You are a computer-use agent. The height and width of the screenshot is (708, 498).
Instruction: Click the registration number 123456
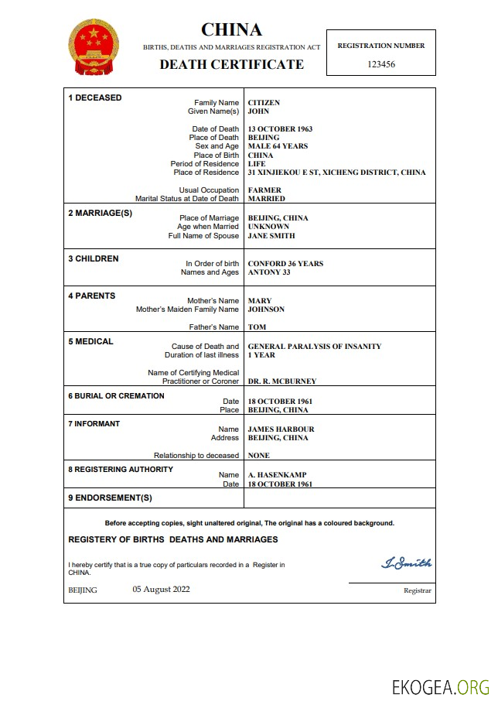coord(380,65)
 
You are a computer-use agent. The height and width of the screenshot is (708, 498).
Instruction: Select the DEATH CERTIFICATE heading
coord(231,65)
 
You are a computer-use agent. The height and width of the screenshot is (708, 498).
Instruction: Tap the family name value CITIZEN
coord(264,103)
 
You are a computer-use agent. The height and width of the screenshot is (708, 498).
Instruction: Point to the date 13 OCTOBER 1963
coord(280,129)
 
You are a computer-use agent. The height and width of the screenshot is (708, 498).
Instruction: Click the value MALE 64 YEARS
coord(278,146)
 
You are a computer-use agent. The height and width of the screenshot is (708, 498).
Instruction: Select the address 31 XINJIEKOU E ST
coord(336,173)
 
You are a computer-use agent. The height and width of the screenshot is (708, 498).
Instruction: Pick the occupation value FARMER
coord(264,190)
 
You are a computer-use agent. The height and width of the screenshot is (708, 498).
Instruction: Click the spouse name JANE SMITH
coord(271,236)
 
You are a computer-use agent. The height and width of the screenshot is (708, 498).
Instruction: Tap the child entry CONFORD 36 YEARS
coord(285,264)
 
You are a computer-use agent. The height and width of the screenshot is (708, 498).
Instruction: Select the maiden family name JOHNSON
coord(266,310)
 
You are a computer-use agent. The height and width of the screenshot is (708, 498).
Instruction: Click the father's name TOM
coord(256,327)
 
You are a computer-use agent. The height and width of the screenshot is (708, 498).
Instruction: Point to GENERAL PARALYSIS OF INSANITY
coord(314,347)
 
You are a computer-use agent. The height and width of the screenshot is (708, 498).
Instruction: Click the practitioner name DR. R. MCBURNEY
coord(281,381)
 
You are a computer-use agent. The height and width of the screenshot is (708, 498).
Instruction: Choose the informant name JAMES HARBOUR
coord(281,429)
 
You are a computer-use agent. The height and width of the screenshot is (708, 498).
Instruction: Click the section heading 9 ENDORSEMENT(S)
coord(110,498)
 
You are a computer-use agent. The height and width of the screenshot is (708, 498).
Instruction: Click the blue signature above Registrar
coord(406,563)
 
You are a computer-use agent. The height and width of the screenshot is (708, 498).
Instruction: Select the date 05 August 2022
coord(161,589)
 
